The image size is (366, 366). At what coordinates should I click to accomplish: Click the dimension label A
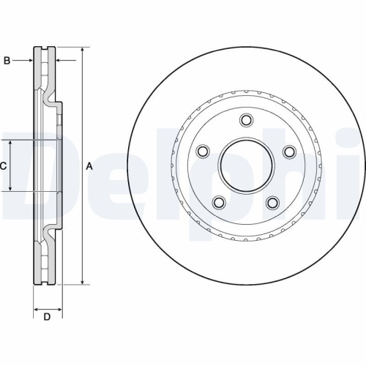pos(89,166)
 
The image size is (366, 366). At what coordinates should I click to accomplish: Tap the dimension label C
pos(3,166)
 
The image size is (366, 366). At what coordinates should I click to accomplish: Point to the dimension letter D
pos(47,316)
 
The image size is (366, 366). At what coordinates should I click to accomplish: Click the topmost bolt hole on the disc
pos(245,121)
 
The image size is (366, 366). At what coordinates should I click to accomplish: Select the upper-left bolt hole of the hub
pos(202,152)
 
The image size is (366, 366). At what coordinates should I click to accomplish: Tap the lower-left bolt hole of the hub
pos(218,202)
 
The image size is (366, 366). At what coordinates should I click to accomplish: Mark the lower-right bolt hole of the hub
pos(272,202)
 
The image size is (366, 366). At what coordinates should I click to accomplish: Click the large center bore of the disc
pos(245,167)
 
